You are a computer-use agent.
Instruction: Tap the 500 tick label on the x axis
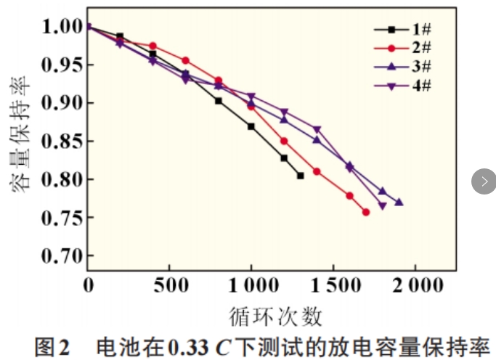169,286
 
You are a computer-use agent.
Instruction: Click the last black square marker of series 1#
301,176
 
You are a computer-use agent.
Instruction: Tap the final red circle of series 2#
366,212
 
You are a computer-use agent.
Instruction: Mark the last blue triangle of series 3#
399,202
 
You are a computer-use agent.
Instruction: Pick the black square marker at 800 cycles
219,101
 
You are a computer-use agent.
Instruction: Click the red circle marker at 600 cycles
186,60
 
